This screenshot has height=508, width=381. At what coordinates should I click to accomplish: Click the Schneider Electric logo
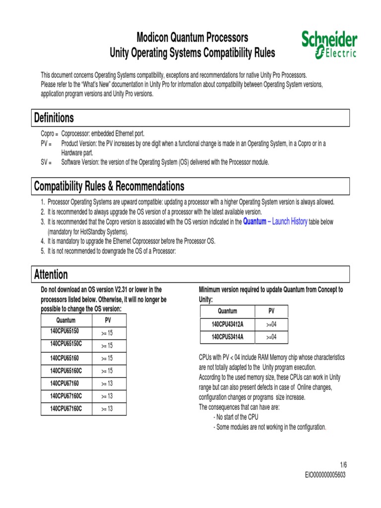pyautogui.click(x=329, y=44)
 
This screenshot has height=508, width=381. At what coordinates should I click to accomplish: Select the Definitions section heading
pyautogui.click(x=54, y=118)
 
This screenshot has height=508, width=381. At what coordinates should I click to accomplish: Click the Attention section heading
pyautogui.click(x=51, y=274)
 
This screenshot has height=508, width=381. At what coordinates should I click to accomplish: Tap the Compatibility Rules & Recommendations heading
pyautogui.click(x=109, y=186)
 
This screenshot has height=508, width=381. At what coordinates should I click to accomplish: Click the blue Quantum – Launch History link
pyautogui.click(x=275, y=222)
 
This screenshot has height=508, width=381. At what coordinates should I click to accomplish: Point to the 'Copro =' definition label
pyautogui.click(x=49, y=134)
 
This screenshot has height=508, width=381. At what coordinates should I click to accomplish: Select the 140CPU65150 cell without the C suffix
pyautogui.click(x=64, y=331)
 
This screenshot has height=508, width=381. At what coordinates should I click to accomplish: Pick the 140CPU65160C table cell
pyautogui.click(x=66, y=371)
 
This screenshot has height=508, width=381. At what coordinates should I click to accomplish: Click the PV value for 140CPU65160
pyautogui.click(x=107, y=358)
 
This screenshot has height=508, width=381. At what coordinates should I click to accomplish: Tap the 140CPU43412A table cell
pyautogui.click(x=227, y=324)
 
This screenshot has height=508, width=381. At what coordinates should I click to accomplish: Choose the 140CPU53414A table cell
pyautogui.click(x=227, y=337)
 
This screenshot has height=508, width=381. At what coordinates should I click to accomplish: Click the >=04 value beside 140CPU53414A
pyautogui.click(x=271, y=337)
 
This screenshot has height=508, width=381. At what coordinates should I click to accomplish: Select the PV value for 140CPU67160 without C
pyautogui.click(x=107, y=383)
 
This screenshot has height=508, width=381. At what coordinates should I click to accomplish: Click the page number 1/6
pyautogui.click(x=343, y=465)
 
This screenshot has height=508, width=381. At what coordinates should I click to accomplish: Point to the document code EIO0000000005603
pyautogui.click(x=325, y=475)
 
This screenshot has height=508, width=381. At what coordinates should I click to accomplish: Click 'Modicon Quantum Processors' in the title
pyautogui.click(x=192, y=38)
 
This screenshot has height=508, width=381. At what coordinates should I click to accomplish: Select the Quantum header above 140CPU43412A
pyautogui.click(x=227, y=311)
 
